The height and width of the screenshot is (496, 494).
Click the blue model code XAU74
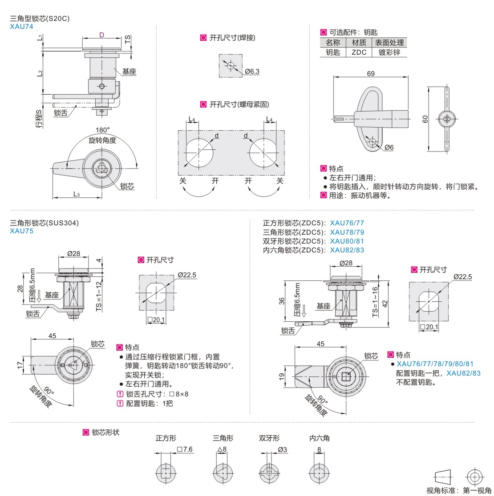coord(21,26)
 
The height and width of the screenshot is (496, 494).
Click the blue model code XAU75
coord(21,231)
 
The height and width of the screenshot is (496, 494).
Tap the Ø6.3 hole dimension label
coord(252,71)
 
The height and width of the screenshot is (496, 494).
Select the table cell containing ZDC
coord(359,52)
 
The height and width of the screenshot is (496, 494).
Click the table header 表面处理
coord(389,43)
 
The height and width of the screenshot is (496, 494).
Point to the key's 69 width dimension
coord(371,73)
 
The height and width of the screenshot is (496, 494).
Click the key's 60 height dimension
coord(425,119)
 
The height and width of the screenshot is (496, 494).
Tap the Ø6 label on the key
coord(389,148)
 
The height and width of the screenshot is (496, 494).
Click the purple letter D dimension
coord(101,35)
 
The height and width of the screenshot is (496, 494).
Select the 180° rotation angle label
coord(102,130)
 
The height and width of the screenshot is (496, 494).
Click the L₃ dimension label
coord(77,194)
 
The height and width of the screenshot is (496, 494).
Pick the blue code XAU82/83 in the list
coord(347,250)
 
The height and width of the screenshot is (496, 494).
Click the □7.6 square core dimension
coord(185,449)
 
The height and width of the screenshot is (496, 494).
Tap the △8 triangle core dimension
coord(222,449)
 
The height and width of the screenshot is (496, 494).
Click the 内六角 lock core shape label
coord(320,438)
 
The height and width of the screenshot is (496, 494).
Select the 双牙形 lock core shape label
coord(269,438)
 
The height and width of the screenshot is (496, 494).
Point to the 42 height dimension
coord(385,304)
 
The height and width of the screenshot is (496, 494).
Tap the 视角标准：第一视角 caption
coord(458,490)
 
